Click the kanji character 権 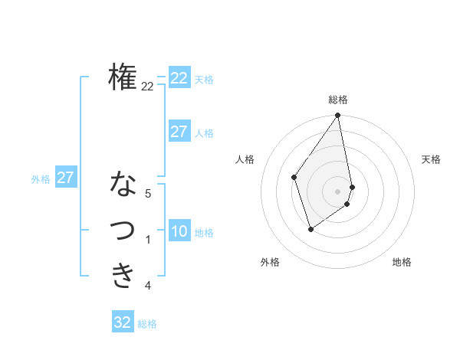(123, 77)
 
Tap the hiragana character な (123, 185)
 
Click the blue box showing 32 (123, 322)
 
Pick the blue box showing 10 (179, 231)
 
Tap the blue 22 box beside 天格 (179, 78)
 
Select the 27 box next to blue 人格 (179, 132)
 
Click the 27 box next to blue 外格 (65, 178)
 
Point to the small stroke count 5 (148, 195)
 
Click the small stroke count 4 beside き (148, 286)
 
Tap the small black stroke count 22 (147, 87)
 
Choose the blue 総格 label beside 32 (147, 324)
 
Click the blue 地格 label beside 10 (205, 233)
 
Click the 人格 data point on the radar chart (294, 177)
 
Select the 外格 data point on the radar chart (310, 229)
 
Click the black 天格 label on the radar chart (432, 159)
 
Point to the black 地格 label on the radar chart (402, 262)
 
